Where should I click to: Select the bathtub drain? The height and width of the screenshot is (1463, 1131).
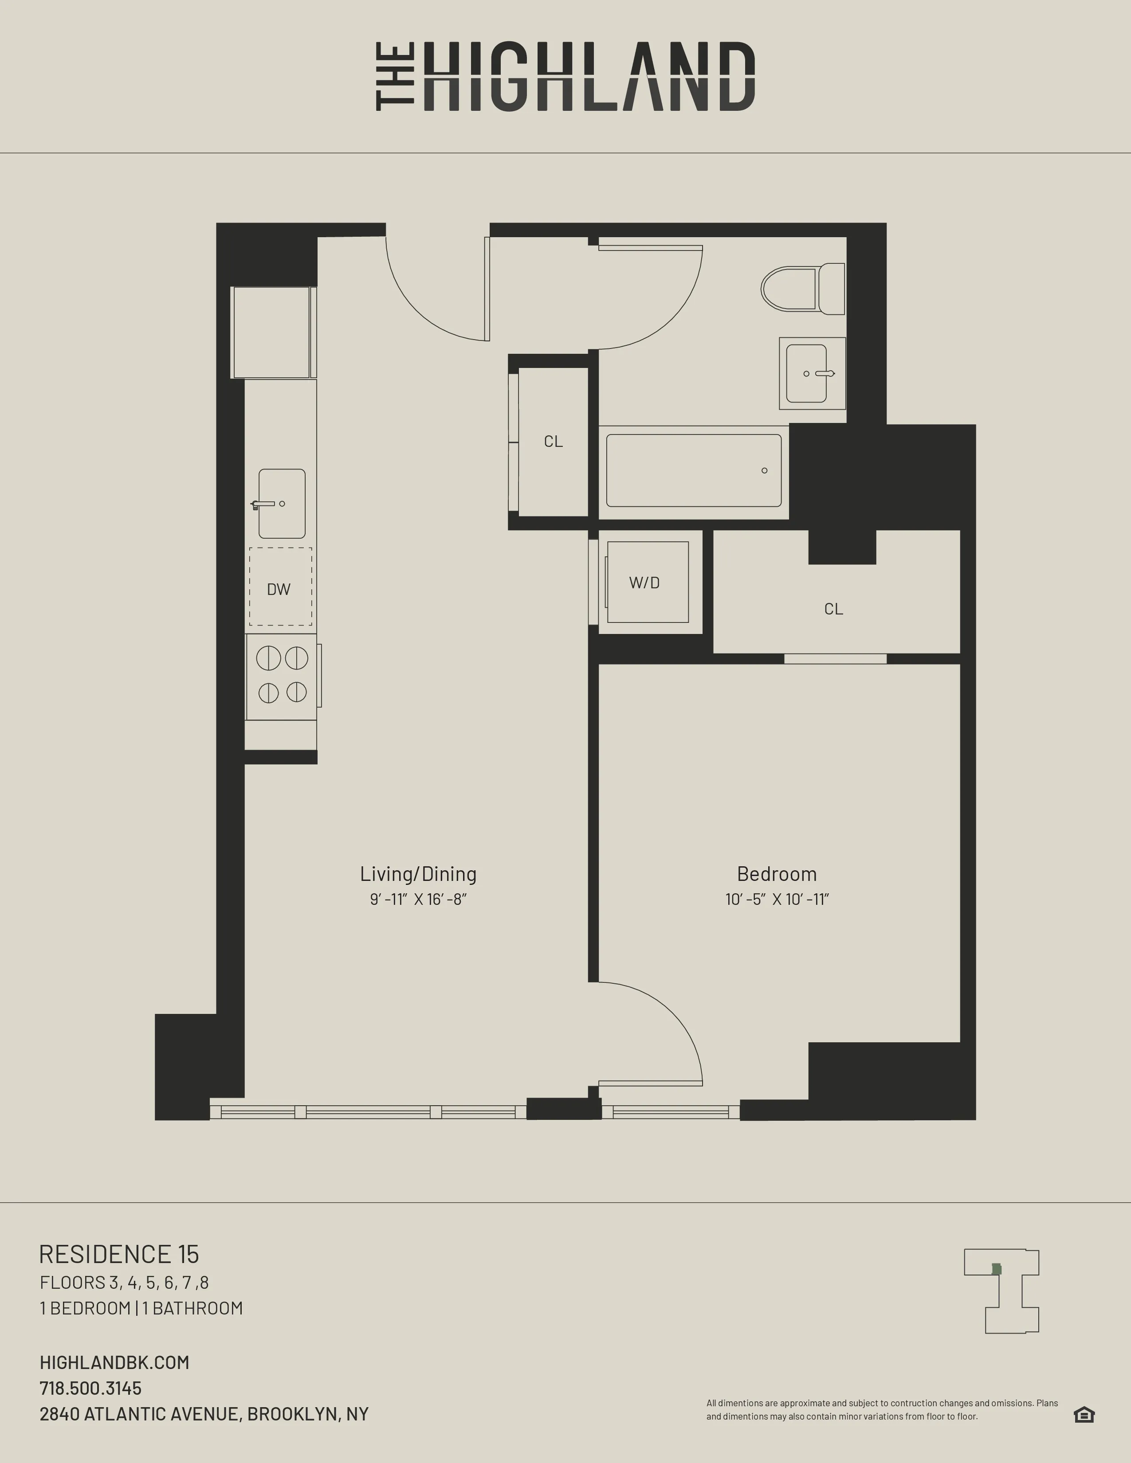pos(765,470)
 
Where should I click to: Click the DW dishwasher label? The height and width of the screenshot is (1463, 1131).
pos(279,590)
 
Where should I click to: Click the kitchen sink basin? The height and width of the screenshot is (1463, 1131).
pos(282,504)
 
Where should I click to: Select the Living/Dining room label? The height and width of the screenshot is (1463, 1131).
pos(418,873)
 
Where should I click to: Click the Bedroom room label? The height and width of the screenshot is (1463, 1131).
pos(777,873)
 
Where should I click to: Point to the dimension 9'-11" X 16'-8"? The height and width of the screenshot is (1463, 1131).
pos(418,899)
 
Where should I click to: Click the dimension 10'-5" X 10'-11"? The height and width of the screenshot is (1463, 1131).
pos(777,899)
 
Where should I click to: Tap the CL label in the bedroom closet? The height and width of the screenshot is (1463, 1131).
pos(833,609)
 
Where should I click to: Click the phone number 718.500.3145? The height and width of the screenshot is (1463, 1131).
pos(90,1388)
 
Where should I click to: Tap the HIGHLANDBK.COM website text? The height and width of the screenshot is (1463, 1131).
pos(114,1362)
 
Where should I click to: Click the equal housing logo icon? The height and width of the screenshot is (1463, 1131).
pos(1084,1414)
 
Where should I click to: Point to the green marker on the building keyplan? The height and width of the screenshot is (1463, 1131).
pos(996,1269)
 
